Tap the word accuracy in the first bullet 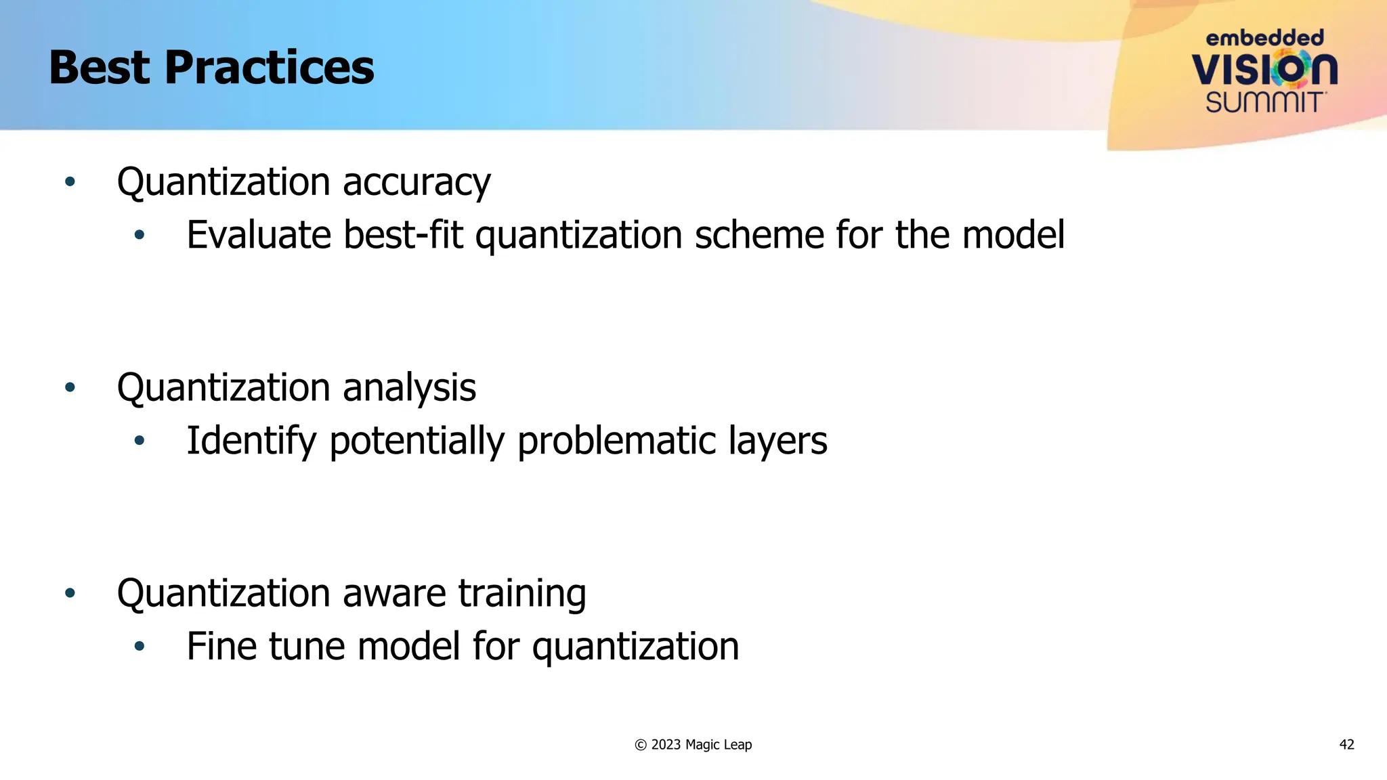(x=417, y=183)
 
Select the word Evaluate (x=259, y=235)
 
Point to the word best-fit (x=403, y=235)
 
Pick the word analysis (x=409, y=388)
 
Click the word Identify (x=251, y=441)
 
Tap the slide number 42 (x=1346, y=745)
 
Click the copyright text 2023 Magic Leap (x=700, y=745)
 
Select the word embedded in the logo (x=1264, y=38)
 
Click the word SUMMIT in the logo (x=1264, y=102)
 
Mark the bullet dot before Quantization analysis (x=70, y=388)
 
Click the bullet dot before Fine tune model (x=140, y=646)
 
